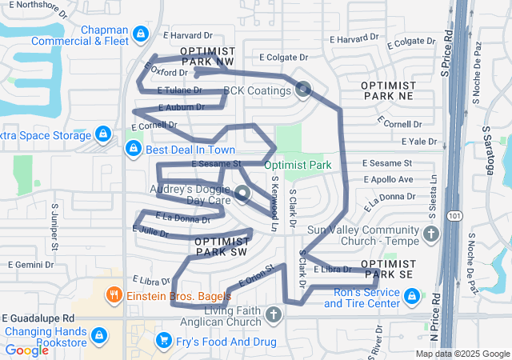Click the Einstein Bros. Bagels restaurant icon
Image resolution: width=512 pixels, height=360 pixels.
(115, 294)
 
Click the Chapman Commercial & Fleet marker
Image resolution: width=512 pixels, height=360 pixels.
(141, 34)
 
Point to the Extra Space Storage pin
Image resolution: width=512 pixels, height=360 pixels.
(102, 134)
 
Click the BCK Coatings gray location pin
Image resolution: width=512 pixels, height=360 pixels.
(303, 90)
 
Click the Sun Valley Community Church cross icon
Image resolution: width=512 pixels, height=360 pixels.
(432, 234)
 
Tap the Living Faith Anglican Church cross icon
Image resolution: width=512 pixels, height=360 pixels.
(273, 314)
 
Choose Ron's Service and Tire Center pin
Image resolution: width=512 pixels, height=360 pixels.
(412, 296)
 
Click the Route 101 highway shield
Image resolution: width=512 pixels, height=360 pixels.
(454, 215)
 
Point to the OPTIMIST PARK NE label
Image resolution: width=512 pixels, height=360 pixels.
(389, 90)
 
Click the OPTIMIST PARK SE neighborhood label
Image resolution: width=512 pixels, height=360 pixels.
(388, 269)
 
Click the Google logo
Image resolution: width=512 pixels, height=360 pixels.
(26, 350)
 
